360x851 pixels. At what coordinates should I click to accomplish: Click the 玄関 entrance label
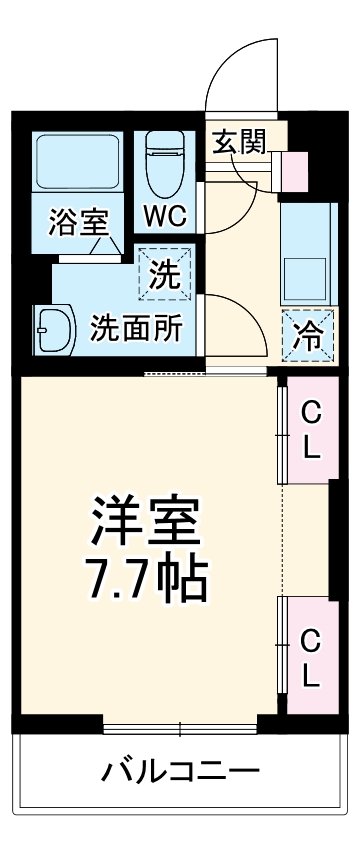[238, 142]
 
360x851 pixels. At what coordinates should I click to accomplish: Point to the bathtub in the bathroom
[78, 164]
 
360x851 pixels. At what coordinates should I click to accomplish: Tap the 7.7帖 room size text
[146, 578]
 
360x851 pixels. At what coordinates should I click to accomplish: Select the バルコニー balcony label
[180, 771]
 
